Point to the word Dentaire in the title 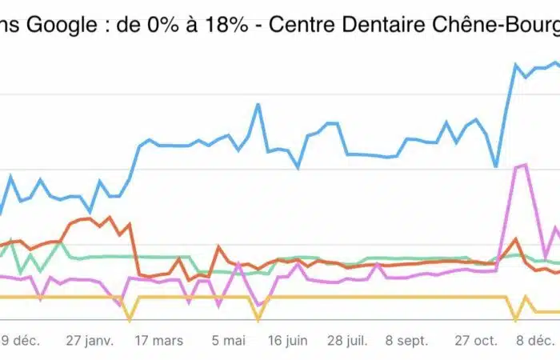point(378,26)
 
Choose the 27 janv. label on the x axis point(90,340)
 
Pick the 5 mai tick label point(228,340)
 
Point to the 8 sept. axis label point(406,340)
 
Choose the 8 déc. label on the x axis point(533,340)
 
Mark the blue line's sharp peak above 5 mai point(258,104)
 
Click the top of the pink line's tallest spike point(525,165)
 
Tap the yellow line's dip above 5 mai point(258,319)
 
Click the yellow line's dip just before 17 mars point(130,319)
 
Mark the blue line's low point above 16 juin point(298,168)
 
